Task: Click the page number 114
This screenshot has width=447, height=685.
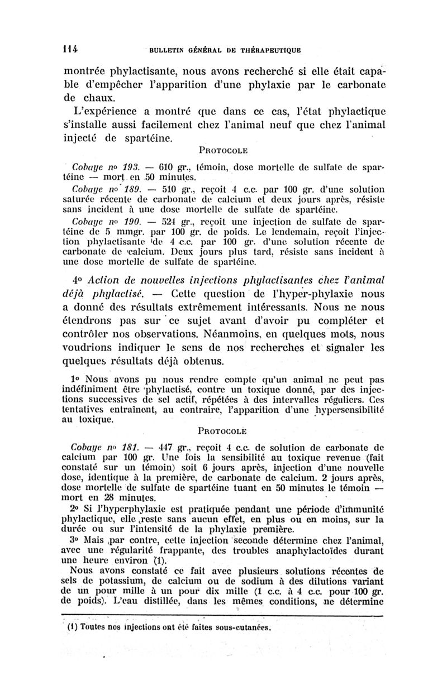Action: pos(70,49)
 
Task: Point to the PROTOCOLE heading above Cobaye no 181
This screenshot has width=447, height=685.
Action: pos(223,430)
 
